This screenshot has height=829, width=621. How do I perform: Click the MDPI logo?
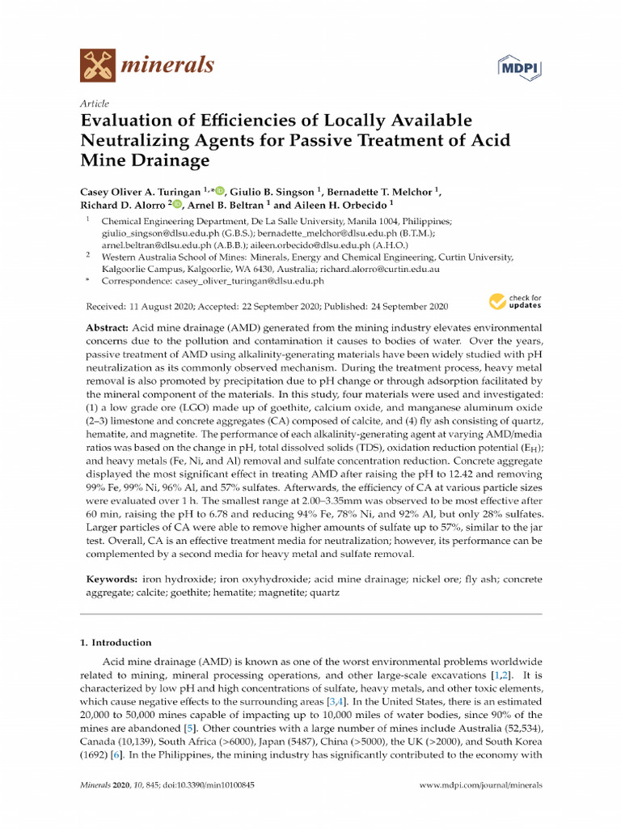click(x=517, y=66)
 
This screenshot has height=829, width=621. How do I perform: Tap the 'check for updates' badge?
click(x=515, y=302)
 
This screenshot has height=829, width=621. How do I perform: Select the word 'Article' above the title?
click(x=95, y=104)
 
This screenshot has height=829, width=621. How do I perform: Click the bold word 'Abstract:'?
click(x=108, y=329)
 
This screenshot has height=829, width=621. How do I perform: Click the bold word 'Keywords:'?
click(x=112, y=580)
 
